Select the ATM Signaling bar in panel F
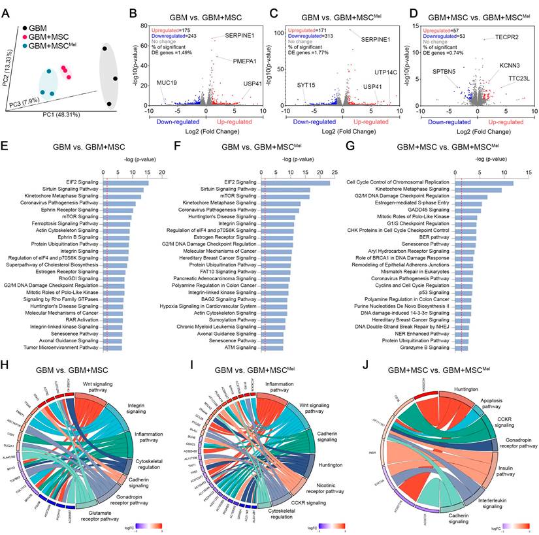coord(273,348)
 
